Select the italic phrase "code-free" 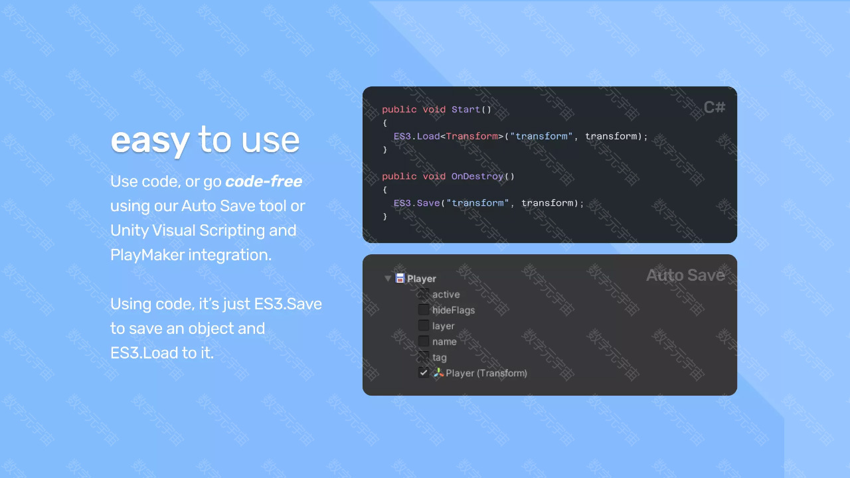point(264,181)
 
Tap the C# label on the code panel point(714,108)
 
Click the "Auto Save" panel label point(685,276)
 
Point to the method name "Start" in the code point(466,110)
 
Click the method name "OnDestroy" point(477,177)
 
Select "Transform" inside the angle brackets point(471,136)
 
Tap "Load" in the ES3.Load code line point(428,136)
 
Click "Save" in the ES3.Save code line point(428,203)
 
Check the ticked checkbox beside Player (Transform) point(424,373)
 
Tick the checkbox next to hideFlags point(424,310)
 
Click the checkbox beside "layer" point(424,325)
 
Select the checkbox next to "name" point(424,341)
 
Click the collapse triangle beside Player point(387,279)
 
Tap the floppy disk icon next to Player point(400,278)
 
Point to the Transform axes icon point(439,372)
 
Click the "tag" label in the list point(440,357)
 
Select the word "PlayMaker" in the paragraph point(147,255)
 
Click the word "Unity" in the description point(129,230)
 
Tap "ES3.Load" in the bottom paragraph point(144,353)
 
